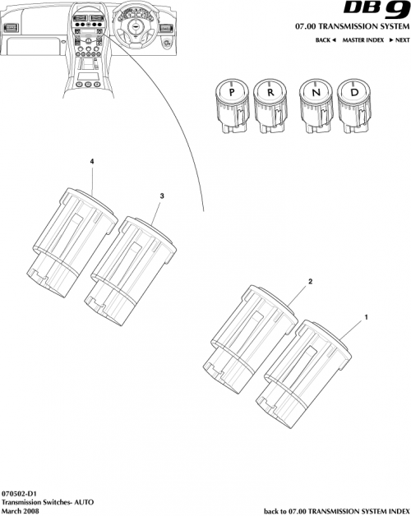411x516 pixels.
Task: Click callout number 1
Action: coord(366,316)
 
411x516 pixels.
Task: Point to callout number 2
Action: coord(310,281)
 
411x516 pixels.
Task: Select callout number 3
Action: coord(161,196)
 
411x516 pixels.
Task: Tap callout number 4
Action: coord(91,163)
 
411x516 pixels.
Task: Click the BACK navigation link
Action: coord(326,40)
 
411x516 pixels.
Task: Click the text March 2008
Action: coord(20,510)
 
